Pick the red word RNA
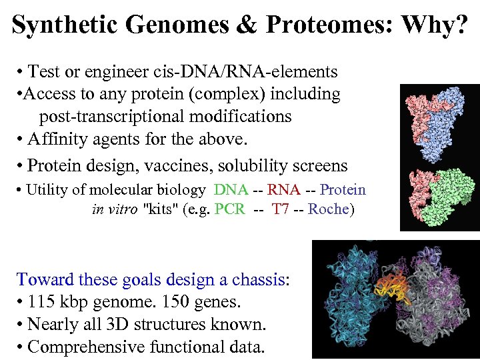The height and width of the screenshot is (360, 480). click(x=283, y=190)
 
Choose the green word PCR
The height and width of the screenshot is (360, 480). click(x=231, y=209)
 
